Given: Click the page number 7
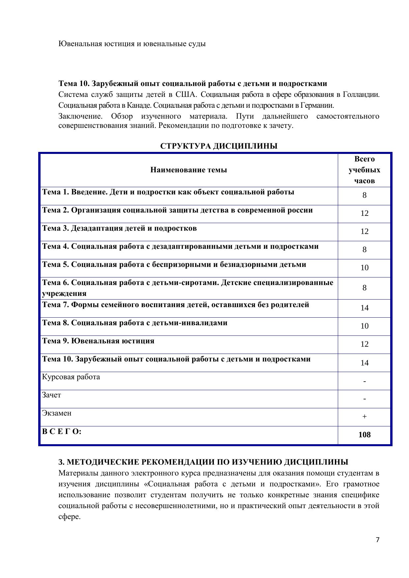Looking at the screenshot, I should pyautogui.click(x=377, y=540).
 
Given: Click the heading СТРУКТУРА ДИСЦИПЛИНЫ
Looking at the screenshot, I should pyautogui.click(x=219, y=146).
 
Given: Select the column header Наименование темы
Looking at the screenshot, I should pyautogui.click(x=189, y=170).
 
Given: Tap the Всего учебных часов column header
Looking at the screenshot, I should pyautogui.click(x=364, y=170).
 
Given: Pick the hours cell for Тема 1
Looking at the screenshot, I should pyautogui.click(x=364, y=195).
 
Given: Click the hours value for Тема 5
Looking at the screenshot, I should pyautogui.click(x=364, y=268).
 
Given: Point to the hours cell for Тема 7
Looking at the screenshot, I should pyautogui.click(x=364, y=308).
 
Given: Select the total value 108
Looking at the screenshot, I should pyautogui.click(x=364, y=435).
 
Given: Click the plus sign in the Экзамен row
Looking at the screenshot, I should pyautogui.click(x=364, y=417).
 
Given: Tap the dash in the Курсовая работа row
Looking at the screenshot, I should pyautogui.click(x=364, y=381).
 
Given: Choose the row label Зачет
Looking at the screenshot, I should pyautogui.click(x=51, y=395).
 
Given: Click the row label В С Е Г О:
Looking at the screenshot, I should pyautogui.click(x=62, y=431).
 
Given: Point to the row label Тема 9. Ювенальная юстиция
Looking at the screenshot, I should pyautogui.click(x=98, y=341).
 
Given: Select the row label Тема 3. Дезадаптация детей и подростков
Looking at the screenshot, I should pyautogui.click(x=119, y=228).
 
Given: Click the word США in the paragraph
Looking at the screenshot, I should pyautogui.click(x=186, y=95).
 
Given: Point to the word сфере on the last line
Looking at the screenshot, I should pyautogui.click(x=69, y=517).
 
